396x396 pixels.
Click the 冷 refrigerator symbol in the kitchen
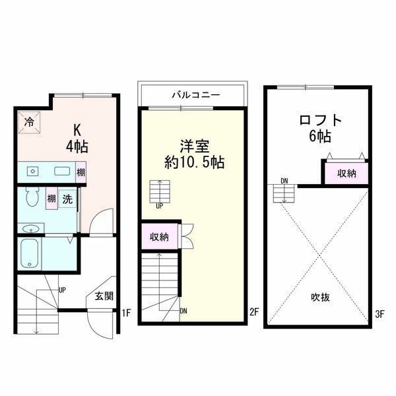29,123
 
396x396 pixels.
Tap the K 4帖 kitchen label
77,139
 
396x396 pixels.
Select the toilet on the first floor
32,197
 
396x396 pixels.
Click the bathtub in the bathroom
30,253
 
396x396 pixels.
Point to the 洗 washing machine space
67,198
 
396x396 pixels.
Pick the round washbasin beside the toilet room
30,229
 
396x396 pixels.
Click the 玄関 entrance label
104,296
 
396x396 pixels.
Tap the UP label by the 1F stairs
62,290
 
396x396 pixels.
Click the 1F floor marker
126,313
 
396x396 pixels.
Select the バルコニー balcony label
196,95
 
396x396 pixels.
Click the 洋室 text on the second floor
195,146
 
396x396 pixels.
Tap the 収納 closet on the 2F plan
159,237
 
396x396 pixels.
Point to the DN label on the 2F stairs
183,311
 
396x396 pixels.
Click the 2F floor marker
254,312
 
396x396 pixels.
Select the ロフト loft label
321,120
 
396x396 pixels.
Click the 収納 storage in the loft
346,174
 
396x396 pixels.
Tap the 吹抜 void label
320,297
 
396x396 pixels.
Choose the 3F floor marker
379,314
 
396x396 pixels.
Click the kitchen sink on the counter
62,172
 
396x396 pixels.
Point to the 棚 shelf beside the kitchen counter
81,172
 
